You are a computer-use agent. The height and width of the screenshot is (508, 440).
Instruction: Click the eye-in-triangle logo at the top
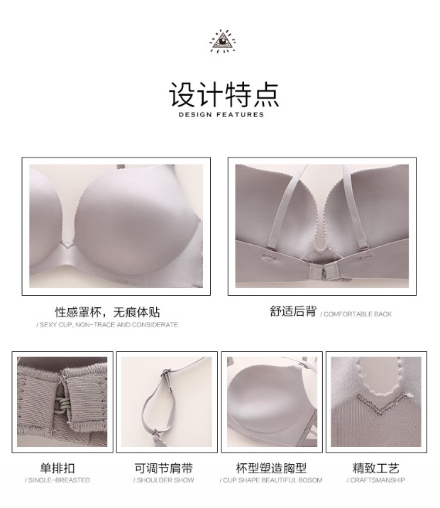click(x=222, y=41)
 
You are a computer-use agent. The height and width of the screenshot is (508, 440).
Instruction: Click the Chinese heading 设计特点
click(x=224, y=94)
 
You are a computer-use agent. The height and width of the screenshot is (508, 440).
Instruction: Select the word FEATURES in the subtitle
click(x=240, y=114)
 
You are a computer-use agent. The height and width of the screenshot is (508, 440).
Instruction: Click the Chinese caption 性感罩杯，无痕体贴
click(x=107, y=312)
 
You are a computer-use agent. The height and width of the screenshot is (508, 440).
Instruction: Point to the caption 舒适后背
click(x=293, y=311)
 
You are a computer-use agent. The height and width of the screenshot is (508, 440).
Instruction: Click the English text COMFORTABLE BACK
click(x=358, y=314)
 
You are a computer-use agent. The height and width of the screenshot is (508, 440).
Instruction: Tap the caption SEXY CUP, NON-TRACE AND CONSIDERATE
click(x=109, y=325)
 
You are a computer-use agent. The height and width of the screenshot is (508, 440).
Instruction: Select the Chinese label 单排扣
click(x=57, y=468)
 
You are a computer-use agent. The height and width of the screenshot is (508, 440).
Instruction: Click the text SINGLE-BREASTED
click(x=59, y=480)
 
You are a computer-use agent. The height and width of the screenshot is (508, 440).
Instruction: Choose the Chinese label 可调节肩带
click(x=164, y=468)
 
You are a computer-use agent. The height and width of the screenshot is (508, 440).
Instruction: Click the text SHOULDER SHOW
click(x=165, y=480)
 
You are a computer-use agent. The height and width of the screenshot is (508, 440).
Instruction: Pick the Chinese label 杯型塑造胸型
click(x=271, y=468)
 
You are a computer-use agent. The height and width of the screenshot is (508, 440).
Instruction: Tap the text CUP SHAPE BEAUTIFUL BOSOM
click(x=273, y=480)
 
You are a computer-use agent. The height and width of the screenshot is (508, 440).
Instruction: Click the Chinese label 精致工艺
click(x=376, y=468)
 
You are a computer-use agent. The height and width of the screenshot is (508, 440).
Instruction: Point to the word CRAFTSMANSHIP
click(x=378, y=480)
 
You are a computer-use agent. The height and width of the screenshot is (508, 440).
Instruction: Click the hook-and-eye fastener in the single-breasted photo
click(x=63, y=407)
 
